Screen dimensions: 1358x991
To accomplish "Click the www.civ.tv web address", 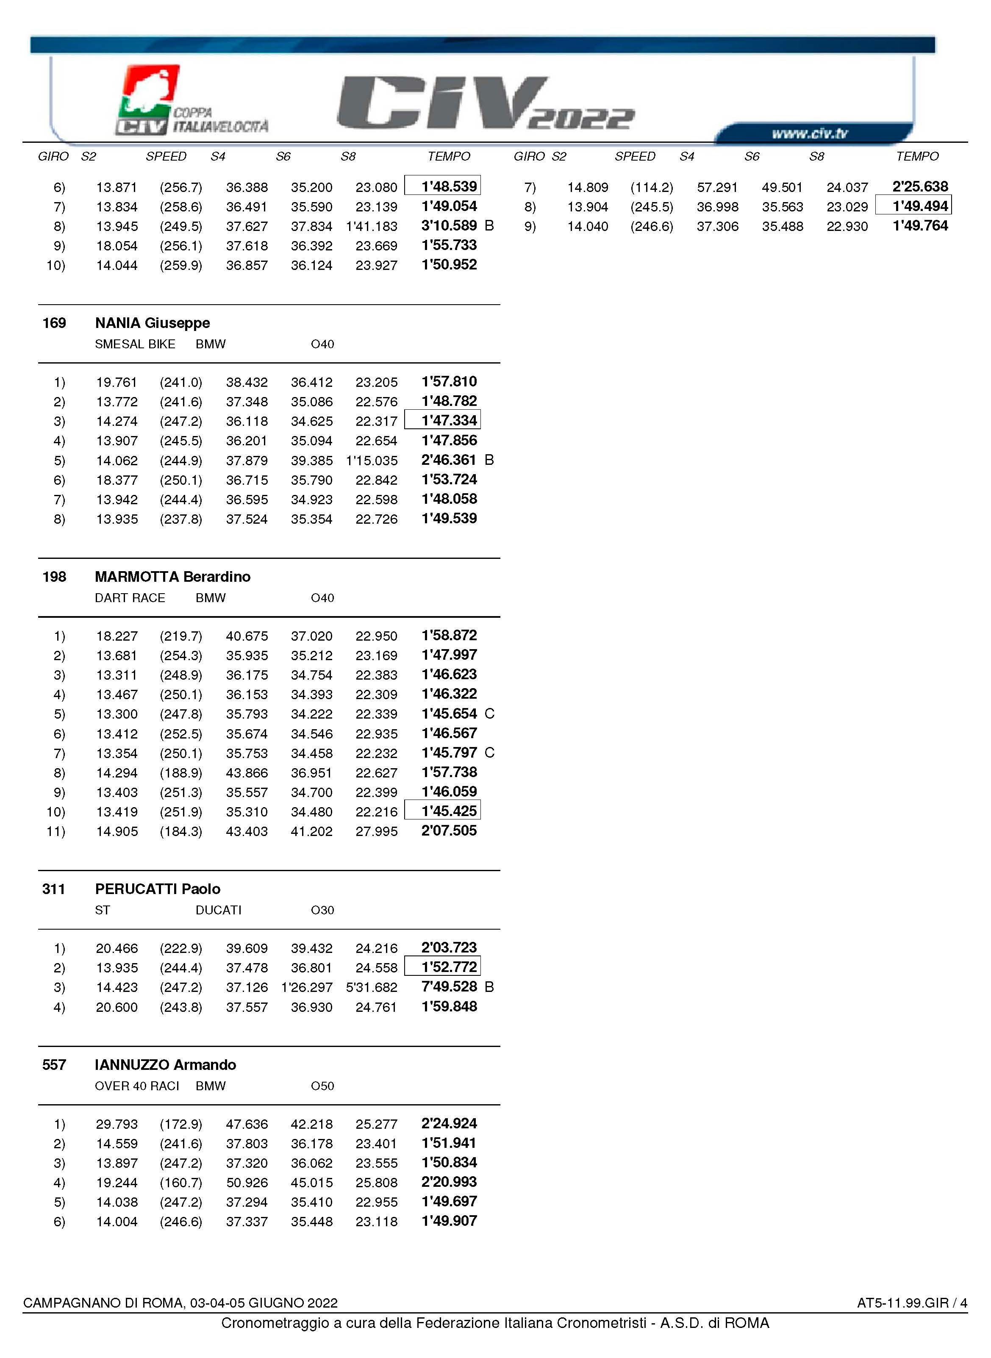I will pos(809,133).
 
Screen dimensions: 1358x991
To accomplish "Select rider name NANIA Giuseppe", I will pos(153,323).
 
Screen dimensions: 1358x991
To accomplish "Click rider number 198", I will pos(54,577).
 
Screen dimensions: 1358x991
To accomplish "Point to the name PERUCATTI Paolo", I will pos(157,889).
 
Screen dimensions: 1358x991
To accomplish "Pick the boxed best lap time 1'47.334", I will pos(449,420).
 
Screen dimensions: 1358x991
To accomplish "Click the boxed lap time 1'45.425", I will pos(449,811).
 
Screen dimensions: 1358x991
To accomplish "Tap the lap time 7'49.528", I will pos(449,987).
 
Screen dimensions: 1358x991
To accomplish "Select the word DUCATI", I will pos(218,911).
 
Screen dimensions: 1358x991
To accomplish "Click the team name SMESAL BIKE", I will pos(135,344).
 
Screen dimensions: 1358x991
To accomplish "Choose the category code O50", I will pos(322,1086).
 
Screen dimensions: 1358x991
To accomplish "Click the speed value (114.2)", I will pos(652,188).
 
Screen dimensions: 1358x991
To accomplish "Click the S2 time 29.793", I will pos(117,1125).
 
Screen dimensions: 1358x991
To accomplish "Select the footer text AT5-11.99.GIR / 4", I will pos(911,1303).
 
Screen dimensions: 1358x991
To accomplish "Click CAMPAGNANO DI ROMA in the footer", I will pos(103,1303).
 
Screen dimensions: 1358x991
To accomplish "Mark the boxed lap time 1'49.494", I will pos(920,206).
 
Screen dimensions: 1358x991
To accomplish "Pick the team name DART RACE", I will pos(130,598).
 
